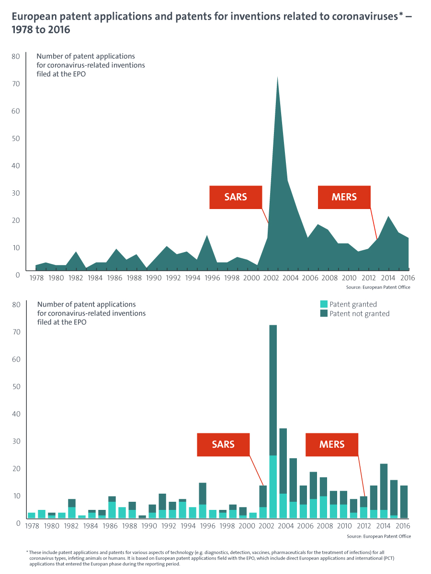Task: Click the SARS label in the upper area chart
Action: click(x=236, y=197)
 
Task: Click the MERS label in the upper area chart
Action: click(x=344, y=197)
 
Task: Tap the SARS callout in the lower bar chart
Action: click(x=223, y=444)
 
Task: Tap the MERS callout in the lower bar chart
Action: click(x=332, y=444)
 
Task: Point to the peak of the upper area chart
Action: click(x=278, y=78)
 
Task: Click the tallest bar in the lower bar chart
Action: click(x=273, y=421)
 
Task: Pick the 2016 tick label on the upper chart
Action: click(x=408, y=278)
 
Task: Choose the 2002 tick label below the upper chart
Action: click(x=271, y=278)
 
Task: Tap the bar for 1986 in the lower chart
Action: click(x=112, y=507)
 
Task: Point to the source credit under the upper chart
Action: click(x=378, y=287)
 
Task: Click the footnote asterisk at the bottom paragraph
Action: click(x=27, y=552)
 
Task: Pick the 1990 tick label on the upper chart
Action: click(x=154, y=278)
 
